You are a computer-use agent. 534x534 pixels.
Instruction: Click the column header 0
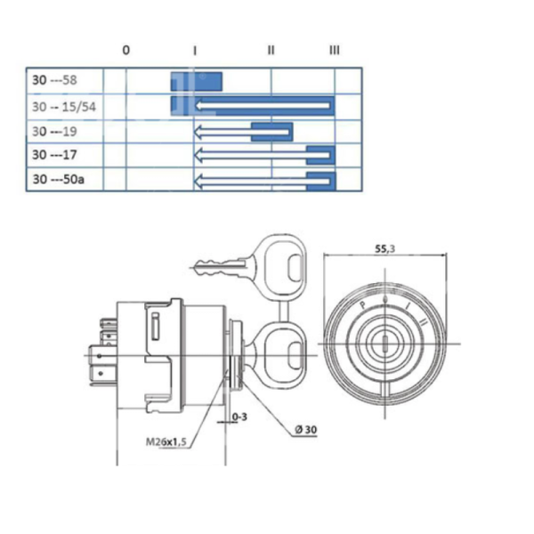[125, 51]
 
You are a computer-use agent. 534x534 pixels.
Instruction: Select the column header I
[195, 51]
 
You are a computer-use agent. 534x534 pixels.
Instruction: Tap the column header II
[271, 51]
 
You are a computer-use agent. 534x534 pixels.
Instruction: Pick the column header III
[334, 51]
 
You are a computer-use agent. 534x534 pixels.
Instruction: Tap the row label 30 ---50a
[58, 180]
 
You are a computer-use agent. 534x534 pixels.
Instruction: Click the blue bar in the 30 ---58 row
[197, 81]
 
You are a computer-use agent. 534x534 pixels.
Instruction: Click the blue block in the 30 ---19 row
[272, 133]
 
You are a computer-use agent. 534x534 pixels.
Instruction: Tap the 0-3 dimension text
[239, 416]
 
